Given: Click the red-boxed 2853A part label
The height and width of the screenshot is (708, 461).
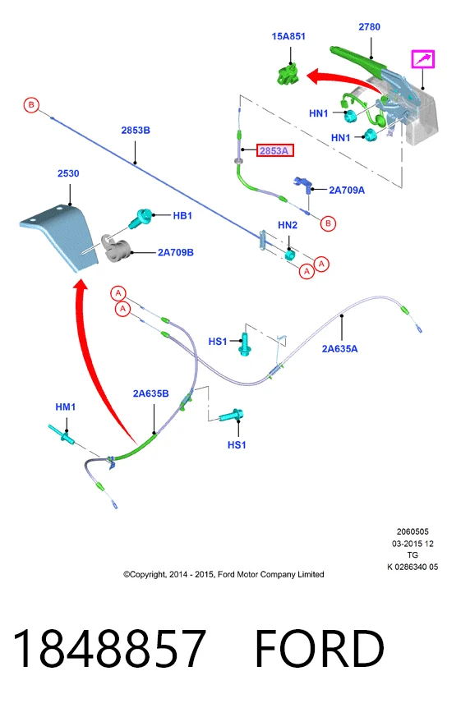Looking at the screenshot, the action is coord(275,150).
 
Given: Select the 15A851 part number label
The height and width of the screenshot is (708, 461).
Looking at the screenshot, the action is coord(288,36).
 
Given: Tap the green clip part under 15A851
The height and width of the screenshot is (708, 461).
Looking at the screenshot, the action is coord(288,75).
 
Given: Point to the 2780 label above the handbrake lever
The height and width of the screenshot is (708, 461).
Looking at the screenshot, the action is coord(369,26).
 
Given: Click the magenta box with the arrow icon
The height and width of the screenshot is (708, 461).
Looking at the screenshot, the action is coord(422,59).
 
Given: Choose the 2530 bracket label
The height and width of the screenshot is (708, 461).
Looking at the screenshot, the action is coord(68,173).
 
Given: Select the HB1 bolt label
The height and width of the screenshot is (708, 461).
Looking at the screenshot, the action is coord(182,216).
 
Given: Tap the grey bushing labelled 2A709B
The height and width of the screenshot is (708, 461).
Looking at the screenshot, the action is coord(117,249).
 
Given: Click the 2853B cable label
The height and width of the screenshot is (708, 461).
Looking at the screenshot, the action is coord(136,130).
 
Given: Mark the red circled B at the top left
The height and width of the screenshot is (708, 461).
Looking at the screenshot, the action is coord(31,105).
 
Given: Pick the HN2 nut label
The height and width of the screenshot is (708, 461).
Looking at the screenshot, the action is coord(288,225).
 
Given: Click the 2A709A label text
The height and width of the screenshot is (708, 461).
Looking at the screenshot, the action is coord(347,190).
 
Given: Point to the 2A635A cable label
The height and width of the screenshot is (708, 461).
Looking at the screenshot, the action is coord(339,348).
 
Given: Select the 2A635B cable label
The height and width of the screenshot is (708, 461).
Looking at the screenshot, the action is coord(151,393).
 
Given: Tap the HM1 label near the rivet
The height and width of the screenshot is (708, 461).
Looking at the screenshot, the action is coord(66,407).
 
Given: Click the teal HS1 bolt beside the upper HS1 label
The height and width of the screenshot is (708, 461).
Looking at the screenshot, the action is coord(245,344).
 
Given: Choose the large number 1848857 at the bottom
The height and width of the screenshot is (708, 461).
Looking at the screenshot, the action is coord(109,648).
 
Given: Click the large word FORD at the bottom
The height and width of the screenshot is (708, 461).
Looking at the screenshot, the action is coord(320,648).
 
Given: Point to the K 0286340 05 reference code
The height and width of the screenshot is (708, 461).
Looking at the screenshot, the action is coord(413,567).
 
